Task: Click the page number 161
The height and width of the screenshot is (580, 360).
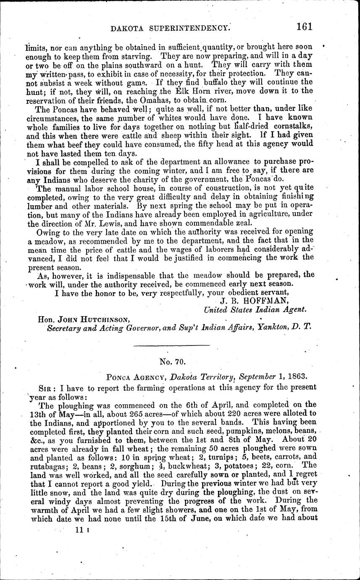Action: (304, 27)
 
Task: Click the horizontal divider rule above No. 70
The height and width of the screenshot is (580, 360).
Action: (171, 345)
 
